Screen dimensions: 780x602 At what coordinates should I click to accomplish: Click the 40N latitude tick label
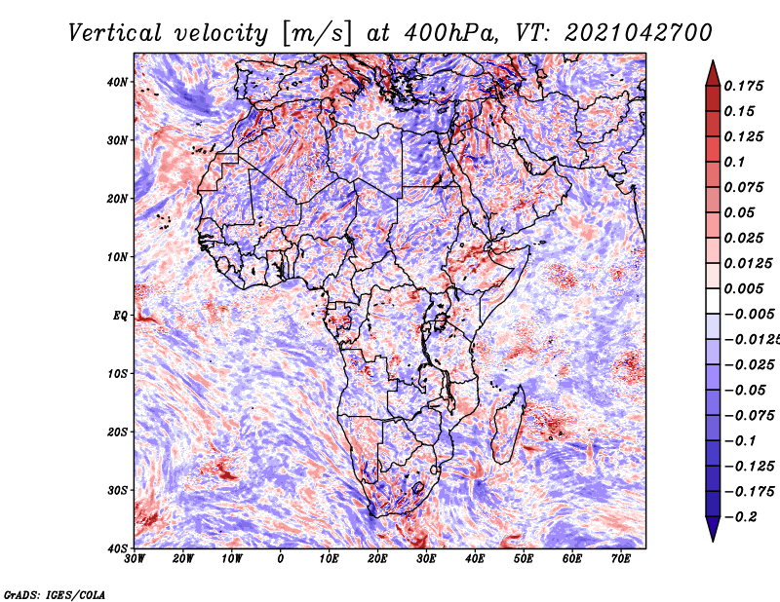tap(117, 82)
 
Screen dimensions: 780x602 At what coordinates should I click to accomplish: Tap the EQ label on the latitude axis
tap(120, 316)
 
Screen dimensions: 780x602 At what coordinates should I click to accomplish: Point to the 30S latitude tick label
tap(117, 490)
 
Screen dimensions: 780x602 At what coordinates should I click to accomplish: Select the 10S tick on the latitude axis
tap(117, 373)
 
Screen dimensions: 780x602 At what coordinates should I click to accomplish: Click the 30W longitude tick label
tap(135, 559)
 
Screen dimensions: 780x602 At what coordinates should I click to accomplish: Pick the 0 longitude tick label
tap(281, 559)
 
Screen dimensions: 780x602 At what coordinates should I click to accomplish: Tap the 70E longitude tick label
tap(621, 559)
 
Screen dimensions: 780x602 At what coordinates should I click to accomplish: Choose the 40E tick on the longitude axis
tap(475, 559)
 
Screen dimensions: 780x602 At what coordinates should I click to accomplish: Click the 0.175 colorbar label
tap(743, 86)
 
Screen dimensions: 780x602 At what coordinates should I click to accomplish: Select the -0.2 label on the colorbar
tap(742, 516)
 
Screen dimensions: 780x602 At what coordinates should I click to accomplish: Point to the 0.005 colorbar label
tap(743, 288)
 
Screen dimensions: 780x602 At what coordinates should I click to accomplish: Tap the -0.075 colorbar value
tap(749, 415)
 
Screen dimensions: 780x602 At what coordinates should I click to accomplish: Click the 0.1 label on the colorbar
tap(734, 162)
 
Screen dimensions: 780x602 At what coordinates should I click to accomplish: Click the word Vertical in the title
tap(115, 33)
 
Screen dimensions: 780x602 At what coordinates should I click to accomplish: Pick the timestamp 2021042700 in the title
tap(639, 33)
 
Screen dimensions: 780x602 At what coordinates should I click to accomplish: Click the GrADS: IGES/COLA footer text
tap(55, 595)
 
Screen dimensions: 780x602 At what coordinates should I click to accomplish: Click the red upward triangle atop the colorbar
tap(713, 73)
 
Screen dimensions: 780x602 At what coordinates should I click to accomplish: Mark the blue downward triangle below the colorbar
tap(713, 529)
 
